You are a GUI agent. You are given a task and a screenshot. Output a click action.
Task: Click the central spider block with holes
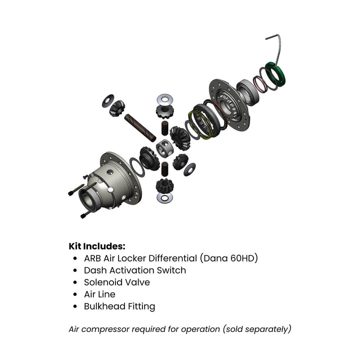click(x=164, y=148)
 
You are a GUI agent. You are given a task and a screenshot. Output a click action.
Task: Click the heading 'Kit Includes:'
click(x=96, y=246)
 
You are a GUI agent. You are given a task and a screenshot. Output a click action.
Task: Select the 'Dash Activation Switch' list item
click(x=134, y=270)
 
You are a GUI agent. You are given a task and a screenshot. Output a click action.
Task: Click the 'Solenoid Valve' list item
click(x=116, y=282)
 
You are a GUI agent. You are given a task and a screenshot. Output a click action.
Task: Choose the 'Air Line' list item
click(x=99, y=294)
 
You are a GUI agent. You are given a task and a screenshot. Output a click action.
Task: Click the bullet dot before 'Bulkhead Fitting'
click(x=75, y=306)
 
